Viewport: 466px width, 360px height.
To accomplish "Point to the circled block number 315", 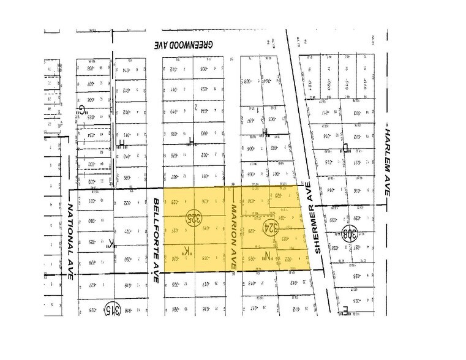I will click(111, 309).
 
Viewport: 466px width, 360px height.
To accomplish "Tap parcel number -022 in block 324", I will click(287, 260).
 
